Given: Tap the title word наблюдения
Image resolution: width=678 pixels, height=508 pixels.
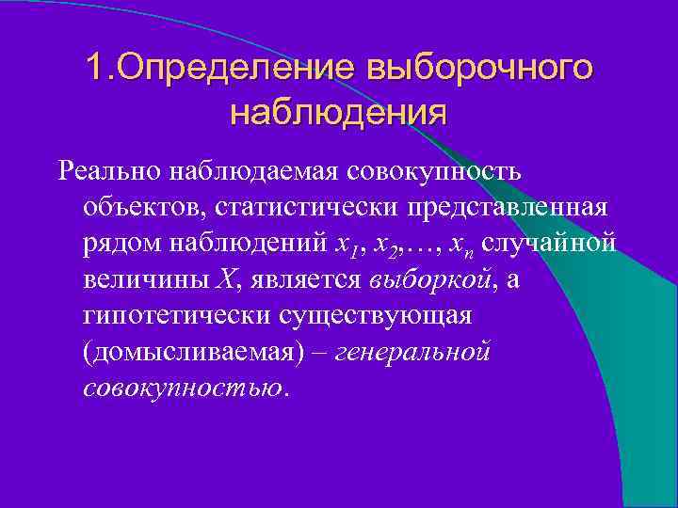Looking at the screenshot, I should (x=338, y=114).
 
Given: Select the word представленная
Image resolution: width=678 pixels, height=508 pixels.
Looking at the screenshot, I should (x=506, y=207).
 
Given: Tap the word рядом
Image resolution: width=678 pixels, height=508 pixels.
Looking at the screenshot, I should (x=116, y=243).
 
